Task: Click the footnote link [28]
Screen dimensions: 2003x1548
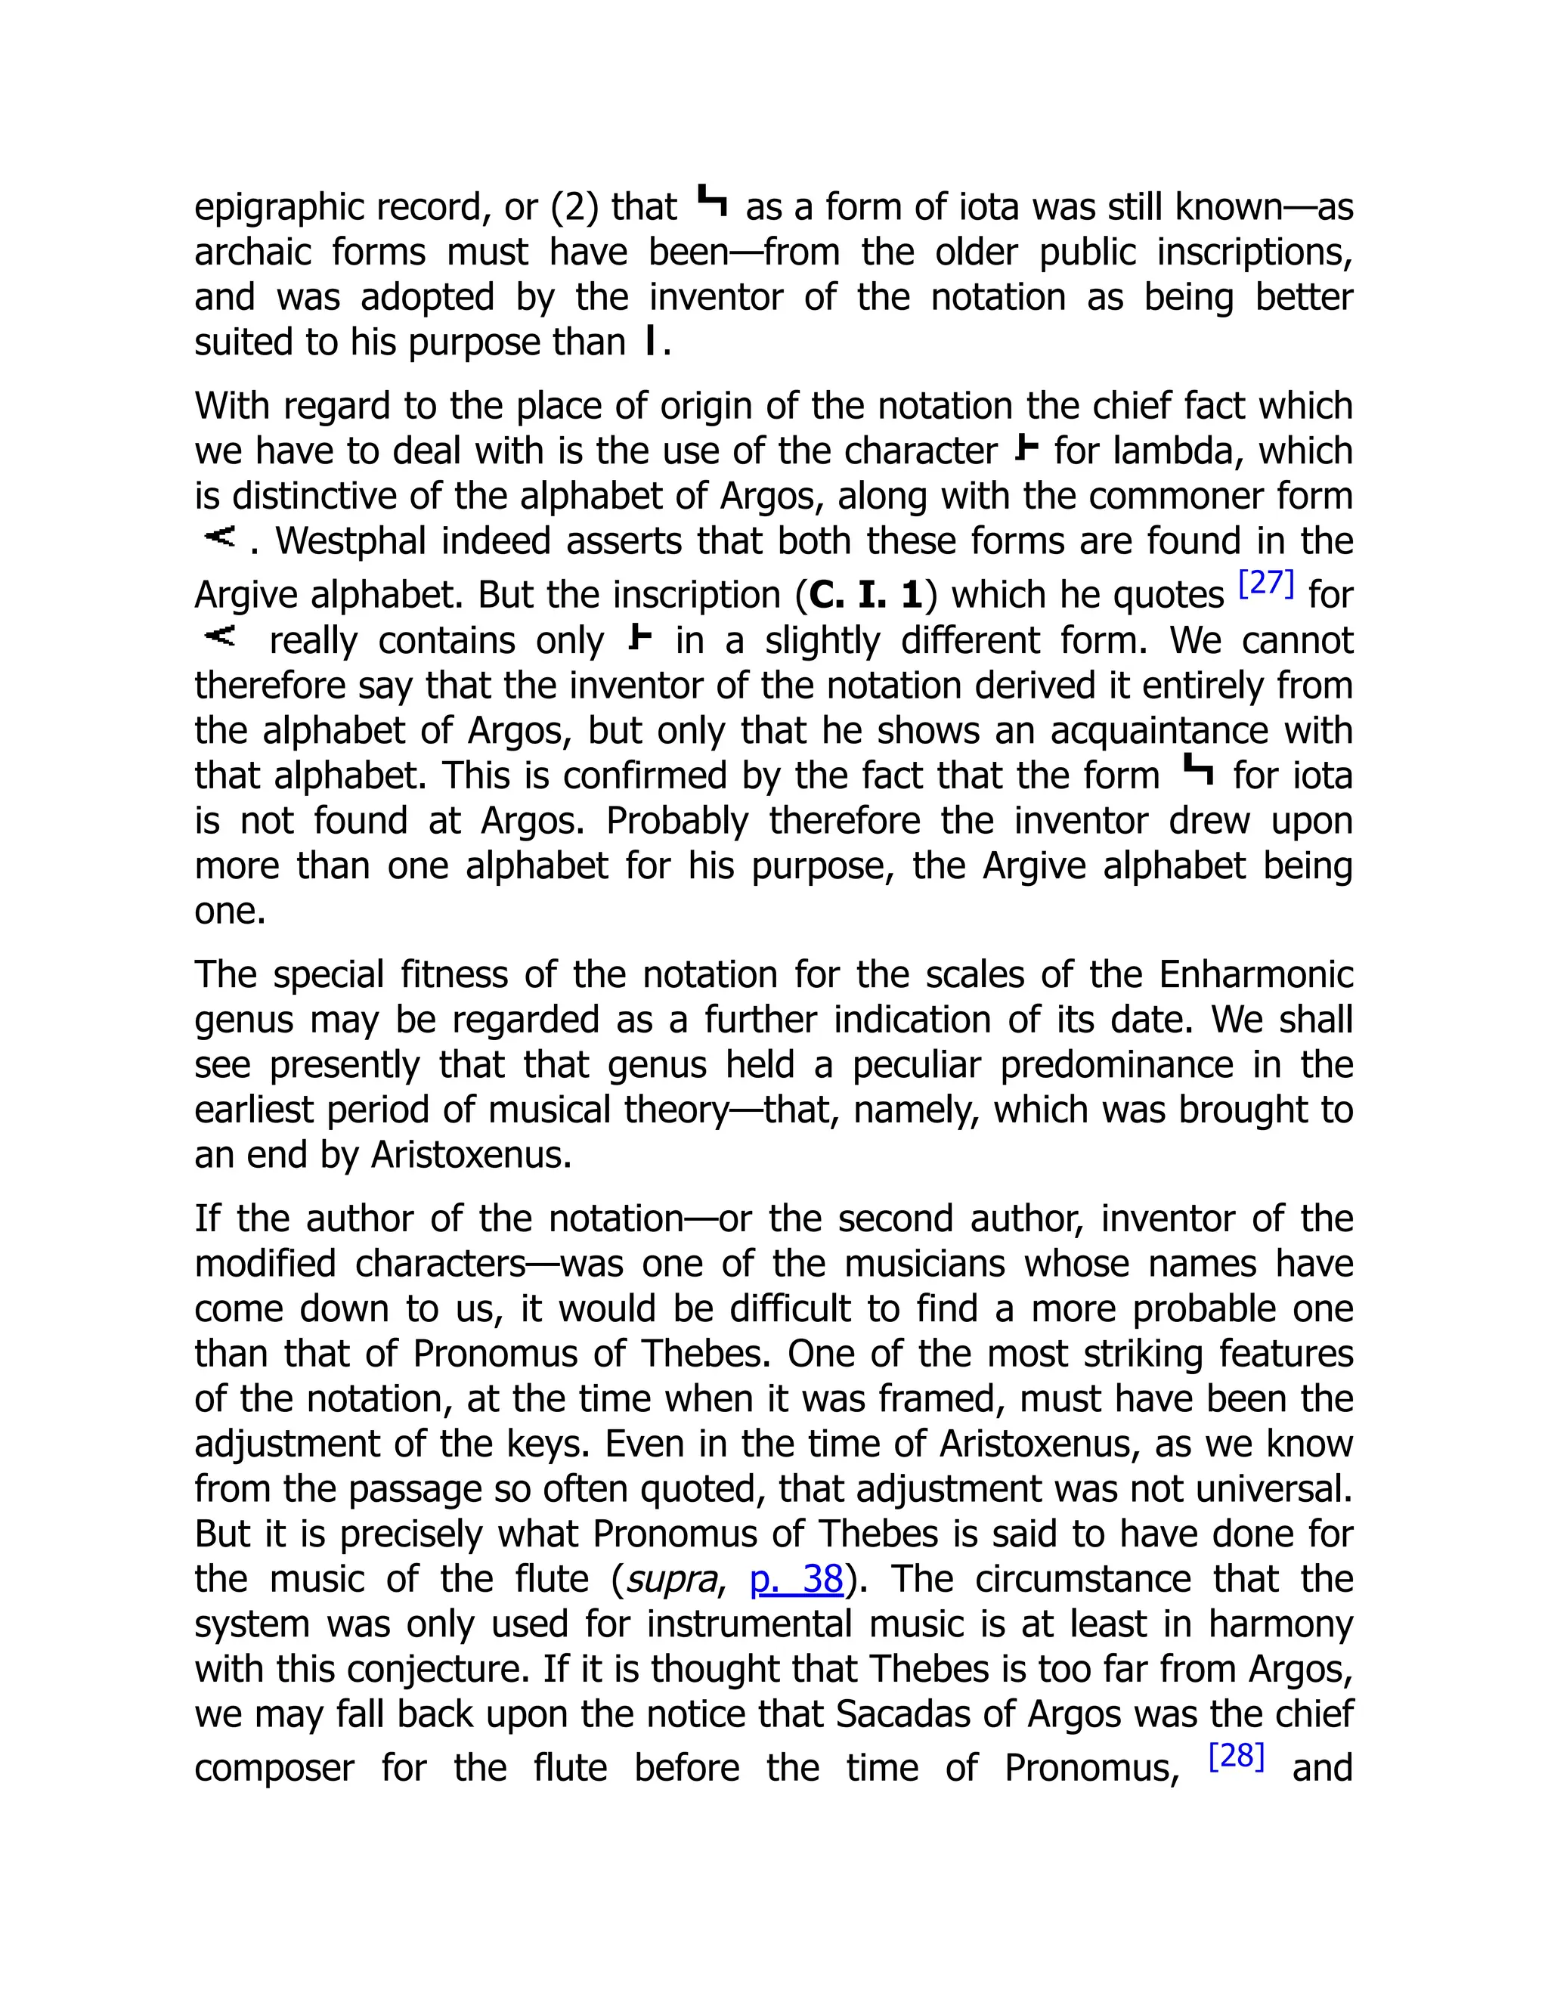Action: (x=1236, y=1757)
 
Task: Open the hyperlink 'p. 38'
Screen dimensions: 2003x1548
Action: (x=796, y=1579)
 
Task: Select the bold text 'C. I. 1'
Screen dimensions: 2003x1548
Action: (x=865, y=595)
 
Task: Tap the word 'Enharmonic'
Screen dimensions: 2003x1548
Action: (x=1255, y=975)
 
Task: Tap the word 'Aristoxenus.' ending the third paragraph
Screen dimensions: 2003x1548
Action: (x=470, y=1155)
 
